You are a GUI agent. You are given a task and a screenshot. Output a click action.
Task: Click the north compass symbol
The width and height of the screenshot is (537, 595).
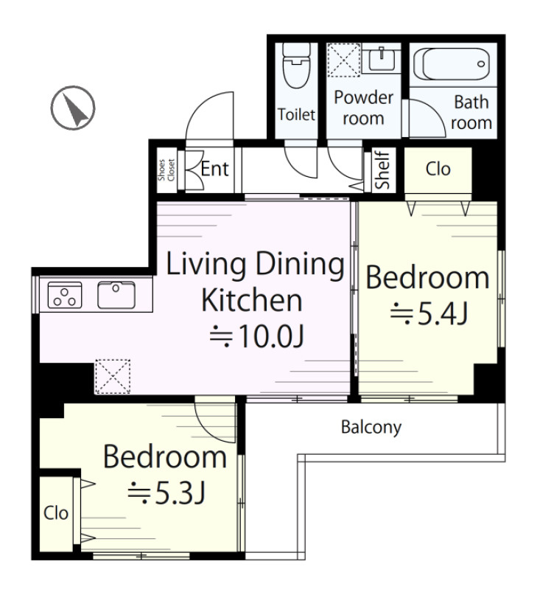pyautogui.click(x=73, y=108)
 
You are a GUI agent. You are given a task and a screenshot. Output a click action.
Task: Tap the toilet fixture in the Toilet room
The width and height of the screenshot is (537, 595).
pyautogui.click(x=297, y=66)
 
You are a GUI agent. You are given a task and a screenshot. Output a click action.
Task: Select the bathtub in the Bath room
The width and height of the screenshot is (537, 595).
pyautogui.click(x=452, y=63)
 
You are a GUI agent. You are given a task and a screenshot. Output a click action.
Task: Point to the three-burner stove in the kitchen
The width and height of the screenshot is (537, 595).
pyautogui.click(x=65, y=295)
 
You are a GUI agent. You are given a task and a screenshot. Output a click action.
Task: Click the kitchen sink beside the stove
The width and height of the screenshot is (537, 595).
pyautogui.click(x=116, y=295)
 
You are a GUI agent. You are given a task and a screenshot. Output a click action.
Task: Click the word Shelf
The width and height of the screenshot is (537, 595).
pyautogui.click(x=382, y=170)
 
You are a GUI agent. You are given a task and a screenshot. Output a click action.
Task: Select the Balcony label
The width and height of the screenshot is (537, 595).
pyautogui.click(x=371, y=428)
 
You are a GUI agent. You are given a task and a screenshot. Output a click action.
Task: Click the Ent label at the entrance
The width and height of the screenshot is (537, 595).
pyautogui.click(x=214, y=169)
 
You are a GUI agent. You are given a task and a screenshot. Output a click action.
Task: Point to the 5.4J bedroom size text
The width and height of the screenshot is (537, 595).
pyautogui.click(x=429, y=313)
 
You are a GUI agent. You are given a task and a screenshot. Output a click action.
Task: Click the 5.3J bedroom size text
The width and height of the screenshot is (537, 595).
pyautogui.click(x=167, y=493)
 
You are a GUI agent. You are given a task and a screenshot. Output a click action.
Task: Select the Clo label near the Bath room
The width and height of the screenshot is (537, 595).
pyautogui.click(x=438, y=170)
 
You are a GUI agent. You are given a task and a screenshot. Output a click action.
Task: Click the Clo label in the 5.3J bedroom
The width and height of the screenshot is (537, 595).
pyautogui.click(x=56, y=513)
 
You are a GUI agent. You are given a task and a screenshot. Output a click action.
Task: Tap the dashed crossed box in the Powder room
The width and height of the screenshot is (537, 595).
pyautogui.click(x=343, y=60)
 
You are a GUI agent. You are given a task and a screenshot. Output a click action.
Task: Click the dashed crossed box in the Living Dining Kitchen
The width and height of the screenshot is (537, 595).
pyautogui.click(x=113, y=377)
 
